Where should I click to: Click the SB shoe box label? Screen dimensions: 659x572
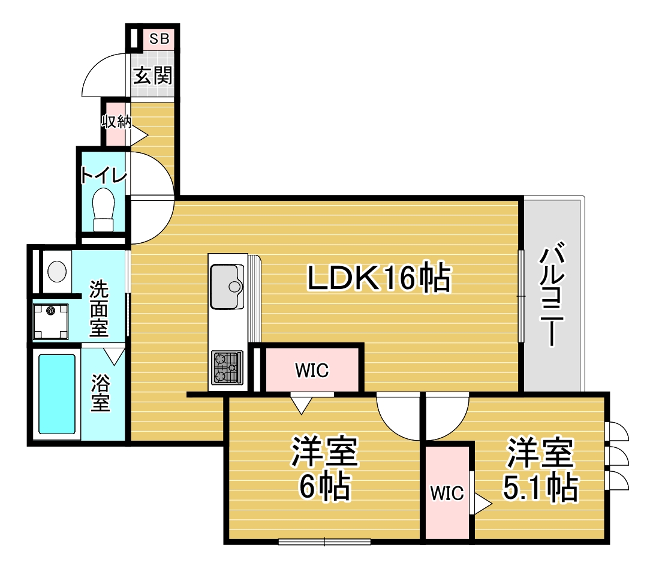point(160,38)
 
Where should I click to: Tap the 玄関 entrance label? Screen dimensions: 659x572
point(153,76)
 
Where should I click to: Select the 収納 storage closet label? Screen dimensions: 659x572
point(116,122)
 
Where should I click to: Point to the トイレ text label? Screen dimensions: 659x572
point(104,175)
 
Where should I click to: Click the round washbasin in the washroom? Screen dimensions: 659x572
point(57,271)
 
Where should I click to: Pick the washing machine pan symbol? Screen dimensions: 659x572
point(51,321)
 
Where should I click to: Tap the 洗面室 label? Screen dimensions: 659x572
point(99,309)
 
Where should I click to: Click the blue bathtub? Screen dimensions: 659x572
point(57,394)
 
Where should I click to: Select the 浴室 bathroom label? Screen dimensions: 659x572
point(101,393)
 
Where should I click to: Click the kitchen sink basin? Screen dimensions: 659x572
point(227,287)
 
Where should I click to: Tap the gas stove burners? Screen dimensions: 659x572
point(227,368)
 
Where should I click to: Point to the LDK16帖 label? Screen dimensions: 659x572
point(379,278)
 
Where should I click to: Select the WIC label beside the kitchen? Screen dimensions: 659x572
point(312,371)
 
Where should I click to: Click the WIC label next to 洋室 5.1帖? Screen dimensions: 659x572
point(447,493)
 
